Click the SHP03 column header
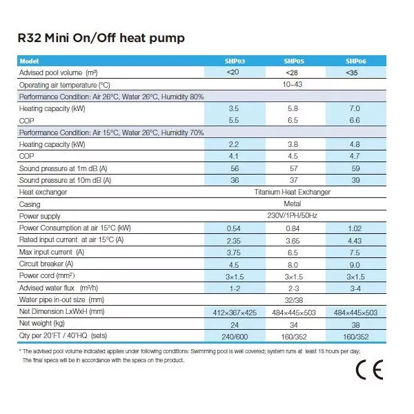point(235,61)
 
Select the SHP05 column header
point(292,61)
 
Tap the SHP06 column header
point(355,61)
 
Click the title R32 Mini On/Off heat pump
point(101,37)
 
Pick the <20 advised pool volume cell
point(234,72)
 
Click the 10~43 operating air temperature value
point(292,84)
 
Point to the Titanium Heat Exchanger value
point(292,192)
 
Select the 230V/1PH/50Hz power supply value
point(292,216)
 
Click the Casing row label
point(30,204)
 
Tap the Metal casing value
point(292,204)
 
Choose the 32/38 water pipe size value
point(292,300)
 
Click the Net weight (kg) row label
point(43,324)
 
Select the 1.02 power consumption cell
point(355,228)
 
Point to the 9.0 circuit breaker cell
point(355,264)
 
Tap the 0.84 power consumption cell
point(292,228)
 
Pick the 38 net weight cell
point(355,324)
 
